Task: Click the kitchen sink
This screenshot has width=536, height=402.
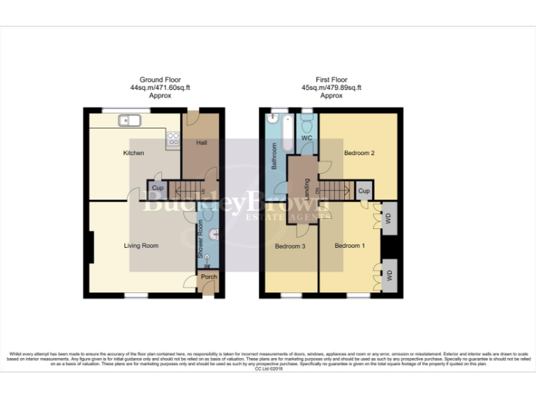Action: pos(129,121)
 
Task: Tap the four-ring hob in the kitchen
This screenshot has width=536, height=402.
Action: pos(172,139)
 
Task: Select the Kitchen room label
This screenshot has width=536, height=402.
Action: pos(133,153)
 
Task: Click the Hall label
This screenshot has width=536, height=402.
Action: pos(201,142)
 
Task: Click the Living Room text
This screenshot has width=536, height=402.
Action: pos(141,246)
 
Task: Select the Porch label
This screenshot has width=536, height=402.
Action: pos(209,277)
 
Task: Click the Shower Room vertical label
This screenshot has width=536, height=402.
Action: pos(200,244)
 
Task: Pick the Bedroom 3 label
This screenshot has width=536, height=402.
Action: pos(289,246)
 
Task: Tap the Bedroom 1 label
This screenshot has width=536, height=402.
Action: pos(348,246)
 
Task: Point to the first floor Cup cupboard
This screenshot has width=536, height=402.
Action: pos(364,190)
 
